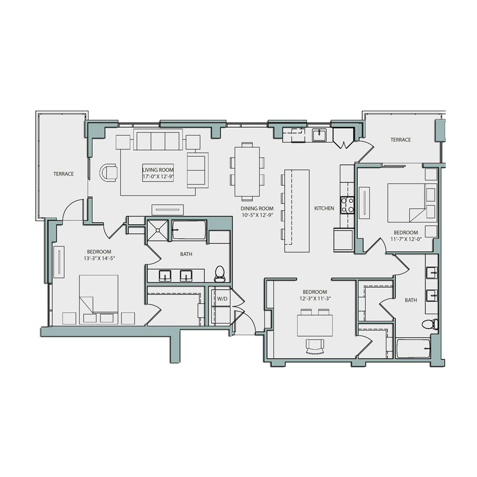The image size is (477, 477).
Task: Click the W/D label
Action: (x=222, y=298)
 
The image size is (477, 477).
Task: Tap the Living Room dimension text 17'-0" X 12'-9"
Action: (x=157, y=174)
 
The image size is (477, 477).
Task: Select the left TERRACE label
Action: (x=63, y=174)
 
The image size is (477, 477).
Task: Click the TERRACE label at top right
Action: (x=401, y=140)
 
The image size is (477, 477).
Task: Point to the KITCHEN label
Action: (x=324, y=208)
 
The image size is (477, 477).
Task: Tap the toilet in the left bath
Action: (x=220, y=273)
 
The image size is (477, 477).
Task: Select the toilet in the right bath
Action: (x=429, y=323)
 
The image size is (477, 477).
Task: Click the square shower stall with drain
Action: (x=158, y=229)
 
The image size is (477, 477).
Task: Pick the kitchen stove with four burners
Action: (x=347, y=205)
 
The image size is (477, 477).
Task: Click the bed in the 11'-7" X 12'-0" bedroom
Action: (x=407, y=202)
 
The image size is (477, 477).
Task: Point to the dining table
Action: (x=247, y=171)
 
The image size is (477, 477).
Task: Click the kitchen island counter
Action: (x=297, y=210)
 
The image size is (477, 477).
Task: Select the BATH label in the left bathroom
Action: (x=186, y=254)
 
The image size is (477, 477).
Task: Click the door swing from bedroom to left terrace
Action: (x=73, y=209)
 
